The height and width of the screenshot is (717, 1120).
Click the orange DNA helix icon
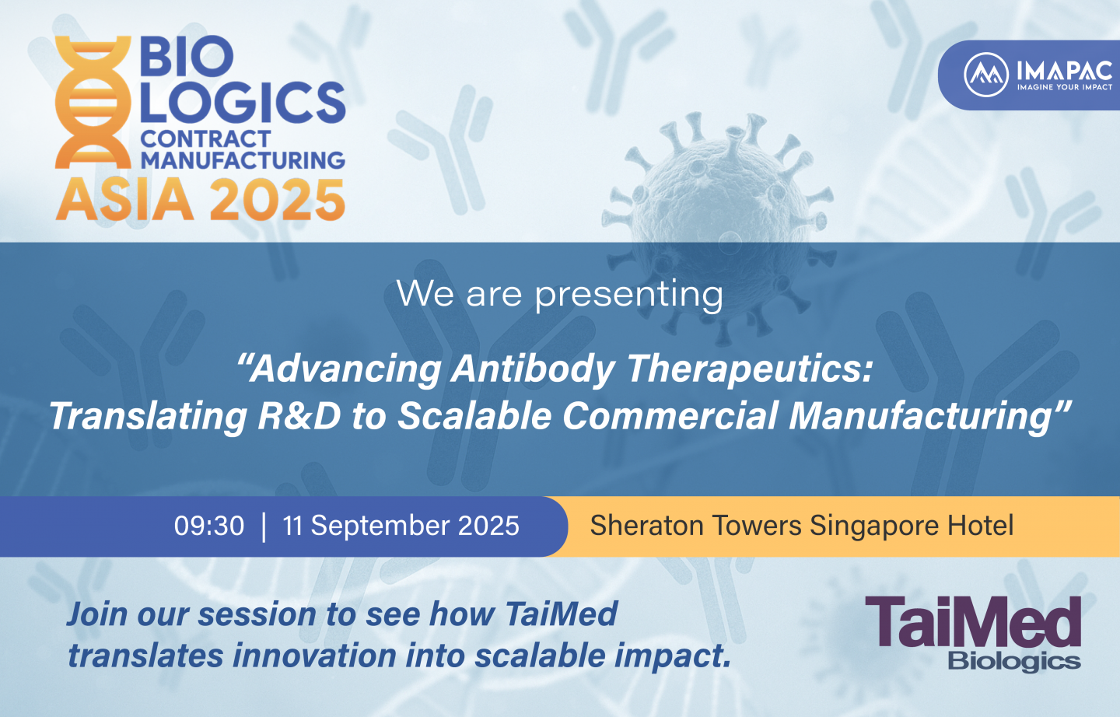tap(93, 102)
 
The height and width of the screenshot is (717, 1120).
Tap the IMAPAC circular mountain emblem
tap(986, 75)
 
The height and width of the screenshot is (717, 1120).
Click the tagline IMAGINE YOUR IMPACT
tap(1065, 88)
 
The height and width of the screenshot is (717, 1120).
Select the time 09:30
tap(209, 526)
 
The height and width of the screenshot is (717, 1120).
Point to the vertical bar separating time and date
tap(264, 527)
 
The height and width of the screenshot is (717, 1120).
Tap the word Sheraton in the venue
tap(646, 526)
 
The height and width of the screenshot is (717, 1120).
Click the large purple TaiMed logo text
tap(972, 621)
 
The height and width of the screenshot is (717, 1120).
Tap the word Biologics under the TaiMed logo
tap(1014, 662)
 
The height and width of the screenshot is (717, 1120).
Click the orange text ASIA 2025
tap(201, 200)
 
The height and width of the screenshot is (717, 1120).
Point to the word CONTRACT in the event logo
tap(205, 138)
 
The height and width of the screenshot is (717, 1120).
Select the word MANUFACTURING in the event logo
tap(243, 160)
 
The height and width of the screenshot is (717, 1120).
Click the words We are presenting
tap(559, 295)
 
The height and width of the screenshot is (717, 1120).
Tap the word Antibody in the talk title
tap(533, 370)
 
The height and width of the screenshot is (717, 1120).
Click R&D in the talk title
tap(299, 415)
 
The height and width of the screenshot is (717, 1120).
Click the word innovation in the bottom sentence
tap(314, 656)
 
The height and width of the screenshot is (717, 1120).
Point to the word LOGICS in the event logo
tap(243, 102)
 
